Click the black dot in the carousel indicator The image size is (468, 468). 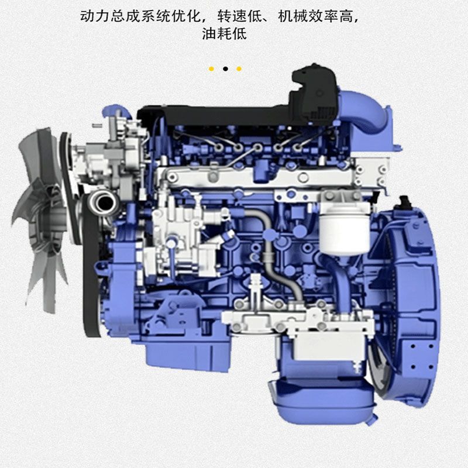click(225, 68)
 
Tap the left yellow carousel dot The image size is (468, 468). click(211, 69)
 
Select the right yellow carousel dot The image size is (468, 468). click(239, 69)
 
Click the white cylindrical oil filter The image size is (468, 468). click(344, 233)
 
